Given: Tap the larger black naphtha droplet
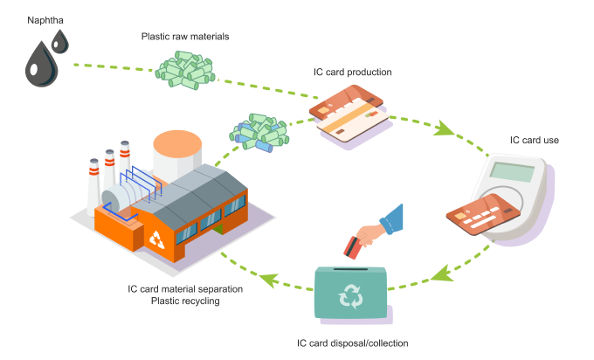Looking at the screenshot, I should [38, 67].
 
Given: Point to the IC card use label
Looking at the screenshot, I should [535, 139].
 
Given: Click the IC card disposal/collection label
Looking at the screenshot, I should [353, 343].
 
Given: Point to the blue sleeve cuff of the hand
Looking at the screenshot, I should [394, 218].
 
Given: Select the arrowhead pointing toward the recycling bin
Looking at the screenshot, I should [441, 277].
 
